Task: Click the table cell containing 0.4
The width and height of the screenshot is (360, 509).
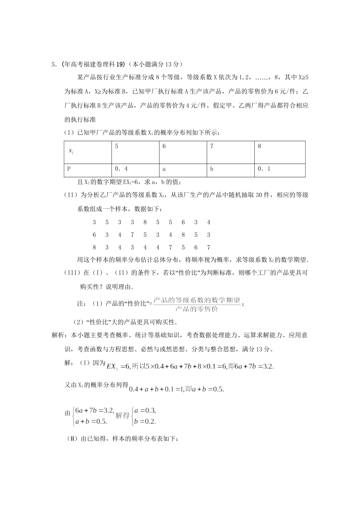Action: pyautogui.click(x=135, y=170)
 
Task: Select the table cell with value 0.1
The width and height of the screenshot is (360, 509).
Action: pyautogui.click(x=279, y=170)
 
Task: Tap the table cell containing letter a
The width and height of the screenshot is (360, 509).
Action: pyautogui.click(x=183, y=170)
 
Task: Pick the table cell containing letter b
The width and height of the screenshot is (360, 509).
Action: pyautogui.click(x=231, y=170)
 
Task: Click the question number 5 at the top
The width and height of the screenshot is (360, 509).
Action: pyautogui.click(x=53, y=64)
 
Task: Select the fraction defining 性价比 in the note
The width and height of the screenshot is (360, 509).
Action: pyautogui.click(x=197, y=304)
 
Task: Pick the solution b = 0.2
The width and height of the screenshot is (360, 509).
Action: pyautogui.click(x=145, y=421)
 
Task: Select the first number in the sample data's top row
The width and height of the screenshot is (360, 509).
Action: pyautogui.click(x=94, y=222)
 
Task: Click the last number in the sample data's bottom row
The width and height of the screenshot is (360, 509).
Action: pyautogui.click(x=208, y=247)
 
